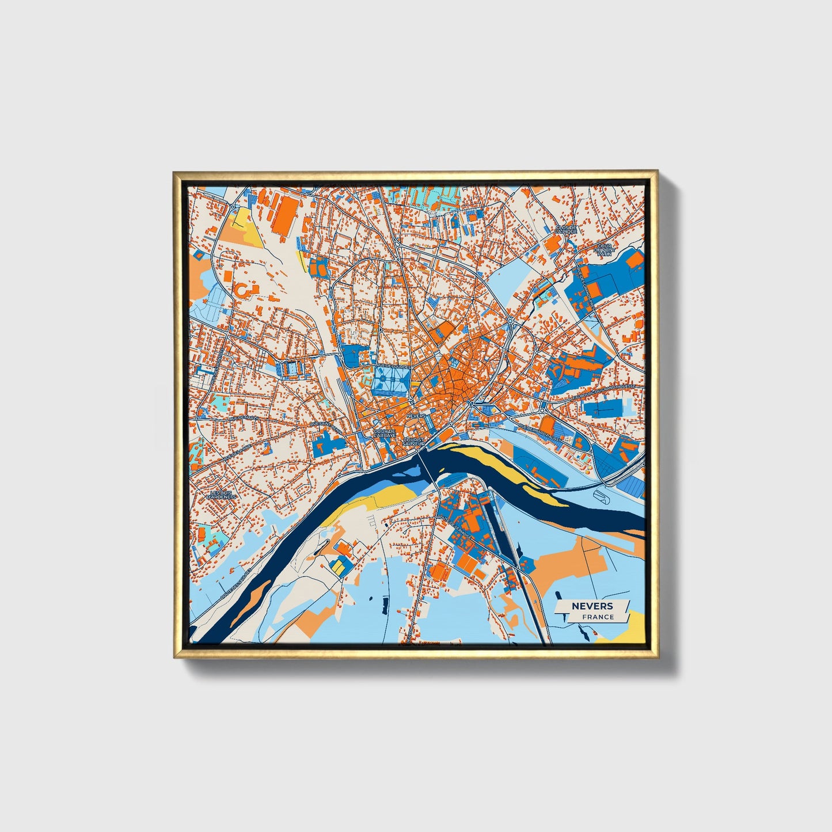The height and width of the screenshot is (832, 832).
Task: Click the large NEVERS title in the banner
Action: point(592,606)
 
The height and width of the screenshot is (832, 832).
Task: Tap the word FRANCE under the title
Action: point(598,617)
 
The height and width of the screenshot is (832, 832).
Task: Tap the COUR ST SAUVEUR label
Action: point(413,442)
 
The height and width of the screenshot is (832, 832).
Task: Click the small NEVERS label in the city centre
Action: point(415,415)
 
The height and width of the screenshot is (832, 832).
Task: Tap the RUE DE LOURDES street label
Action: point(393,366)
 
